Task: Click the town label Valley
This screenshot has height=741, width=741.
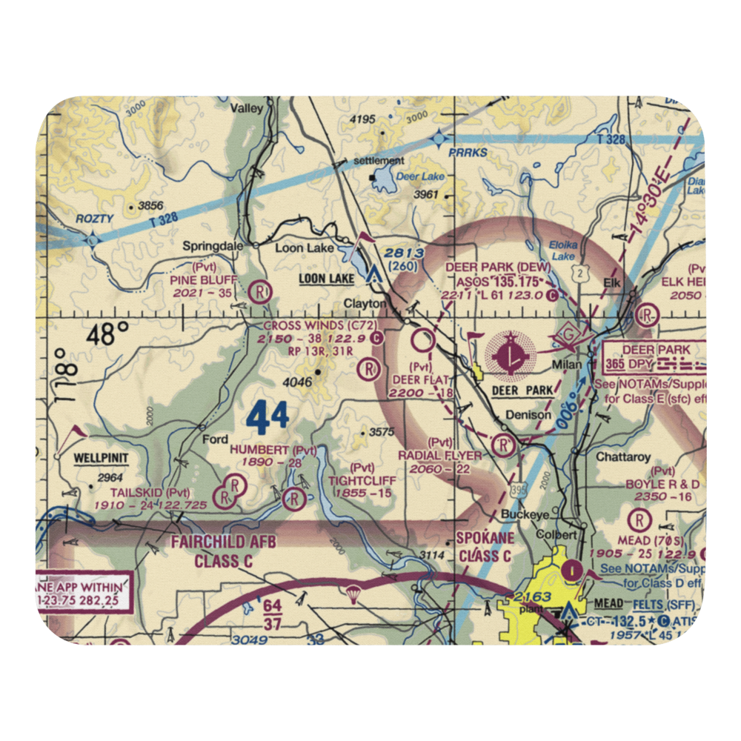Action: coord(246,108)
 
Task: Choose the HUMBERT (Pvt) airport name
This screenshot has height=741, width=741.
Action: coord(262,450)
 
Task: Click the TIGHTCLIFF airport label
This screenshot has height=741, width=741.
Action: coord(362,480)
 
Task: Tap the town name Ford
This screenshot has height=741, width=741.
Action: coord(216,439)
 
